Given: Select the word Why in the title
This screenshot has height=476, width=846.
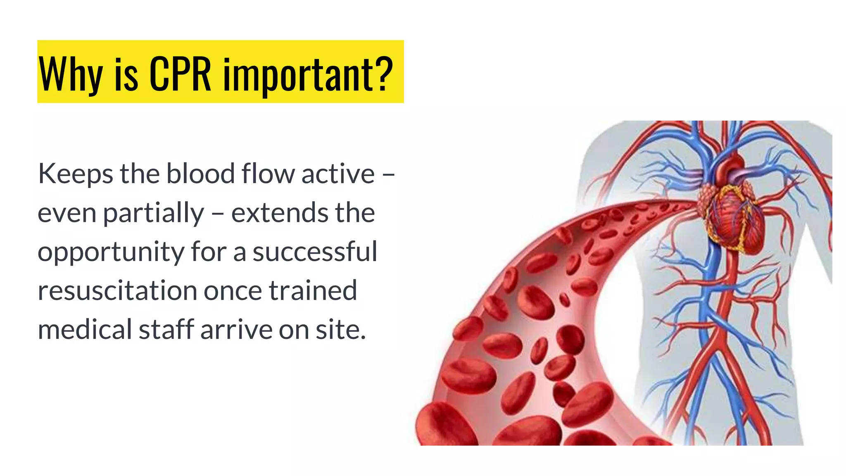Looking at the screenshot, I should click(70, 74).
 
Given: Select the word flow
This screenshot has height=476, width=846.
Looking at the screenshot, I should click(269, 174).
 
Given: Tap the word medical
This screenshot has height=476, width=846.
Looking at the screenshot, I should click(84, 329).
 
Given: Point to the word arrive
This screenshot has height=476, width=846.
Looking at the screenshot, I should click(236, 330).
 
